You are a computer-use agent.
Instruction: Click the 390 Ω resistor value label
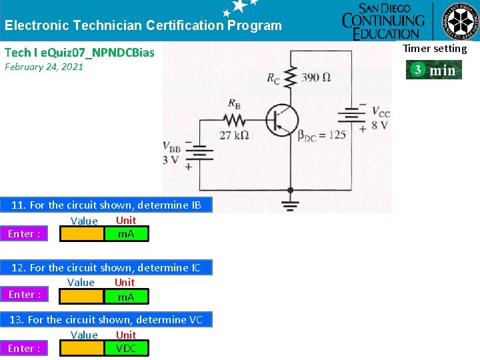pyautogui.click(x=316, y=78)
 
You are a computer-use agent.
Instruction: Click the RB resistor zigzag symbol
pyautogui.click(x=235, y=121)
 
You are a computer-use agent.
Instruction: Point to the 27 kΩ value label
pyautogui.click(x=234, y=135)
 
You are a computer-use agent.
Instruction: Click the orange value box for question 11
pyautogui.click(x=82, y=234)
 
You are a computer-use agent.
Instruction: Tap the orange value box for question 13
pyautogui.click(x=82, y=348)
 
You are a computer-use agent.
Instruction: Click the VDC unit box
pyautogui.click(x=126, y=348)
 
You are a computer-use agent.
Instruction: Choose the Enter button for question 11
pyautogui.click(x=24, y=234)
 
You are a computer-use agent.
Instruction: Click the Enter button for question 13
pyautogui.click(x=24, y=348)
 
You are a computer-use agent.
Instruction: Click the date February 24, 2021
pyautogui.click(x=44, y=67)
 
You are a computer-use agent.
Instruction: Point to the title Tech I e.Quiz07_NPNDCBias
pyautogui.click(x=79, y=52)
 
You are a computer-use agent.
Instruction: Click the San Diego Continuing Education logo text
pyautogui.click(x=383, y=21)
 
